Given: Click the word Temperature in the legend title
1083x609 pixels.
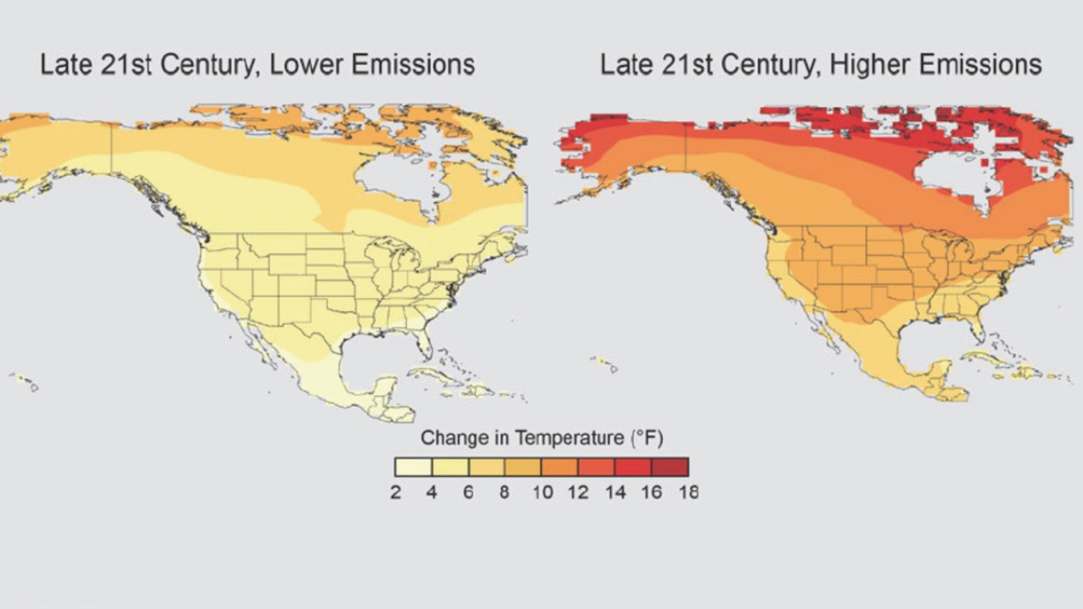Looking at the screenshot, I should pyautogui.click(x=558, y=438).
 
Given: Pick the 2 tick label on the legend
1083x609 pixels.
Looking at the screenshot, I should pyautogui.click(x=395, y=492).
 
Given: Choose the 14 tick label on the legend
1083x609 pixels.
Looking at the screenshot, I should pyautogui.click(x=615, y=492).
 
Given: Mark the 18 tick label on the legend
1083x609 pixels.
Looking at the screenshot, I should pyautogui.click(x=689, y=492).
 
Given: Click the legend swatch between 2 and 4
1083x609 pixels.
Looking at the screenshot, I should pyautogui.click(x=414, y=467).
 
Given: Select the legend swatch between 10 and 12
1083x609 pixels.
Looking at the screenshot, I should pyautogui.click(x=559, y=467).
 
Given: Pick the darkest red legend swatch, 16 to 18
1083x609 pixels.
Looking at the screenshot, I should pyautogui.click(x=670, y=467).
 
